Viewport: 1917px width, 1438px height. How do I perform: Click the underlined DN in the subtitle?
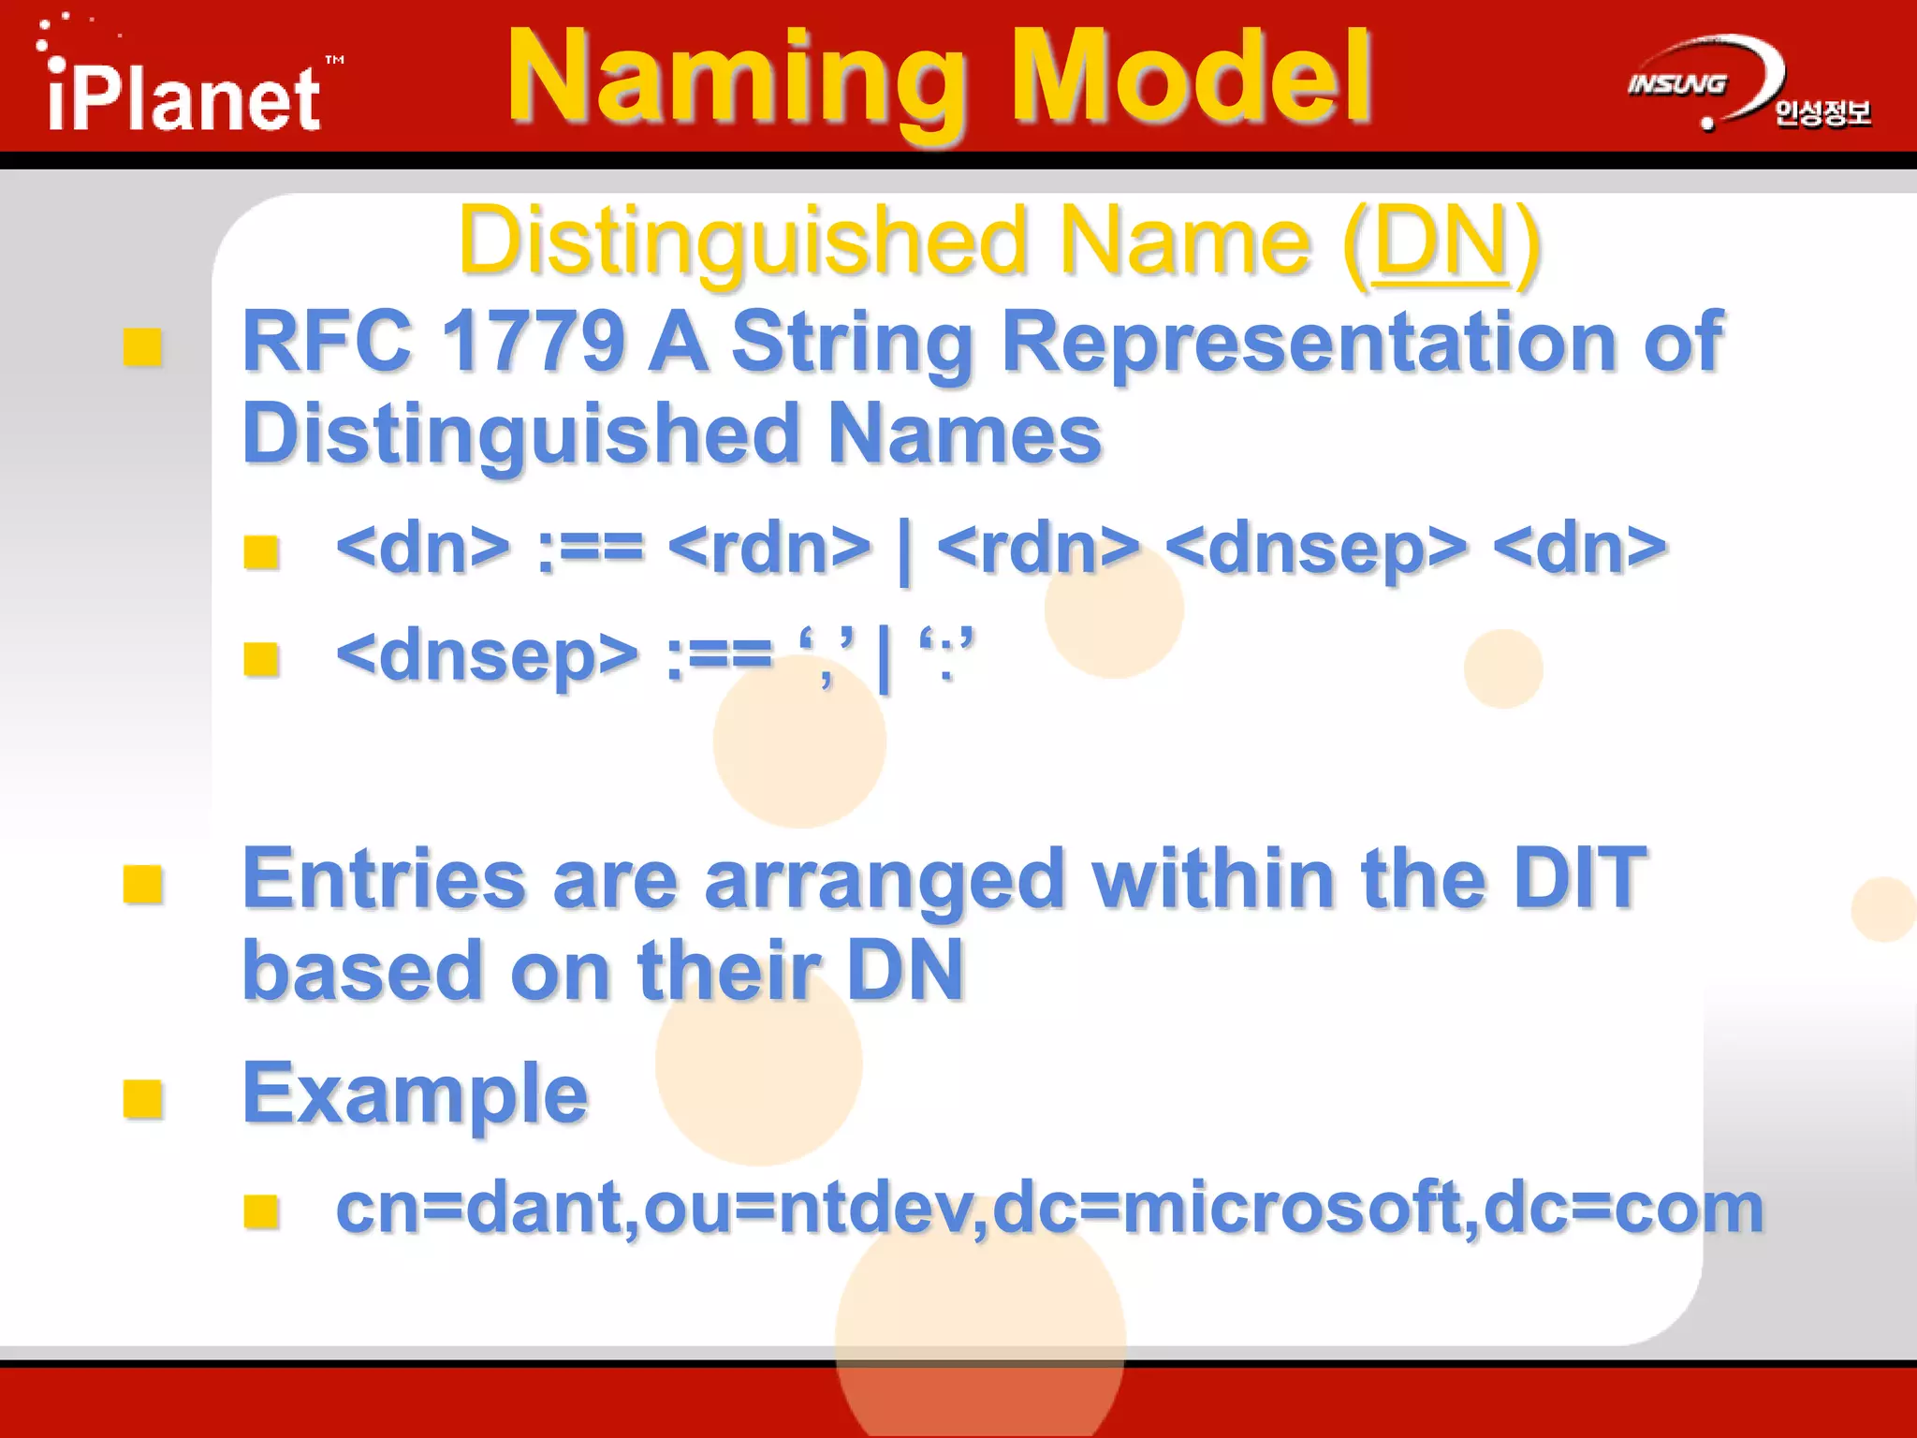click(x=1440, y=242)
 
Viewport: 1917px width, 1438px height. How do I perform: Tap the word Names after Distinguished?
click(x=964, y=433)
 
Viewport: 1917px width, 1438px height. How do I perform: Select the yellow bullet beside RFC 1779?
click(x=142, y=347)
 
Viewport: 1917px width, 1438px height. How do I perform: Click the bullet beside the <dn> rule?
click(x=261, y=551)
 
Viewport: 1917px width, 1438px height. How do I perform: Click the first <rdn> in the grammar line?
click(x=769, y=549)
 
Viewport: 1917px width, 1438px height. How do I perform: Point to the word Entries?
click(x=384, y=880)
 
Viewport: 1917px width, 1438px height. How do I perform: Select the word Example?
click(x=415, y=1093)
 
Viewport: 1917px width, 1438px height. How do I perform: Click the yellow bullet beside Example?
click(x=142, y=1099)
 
